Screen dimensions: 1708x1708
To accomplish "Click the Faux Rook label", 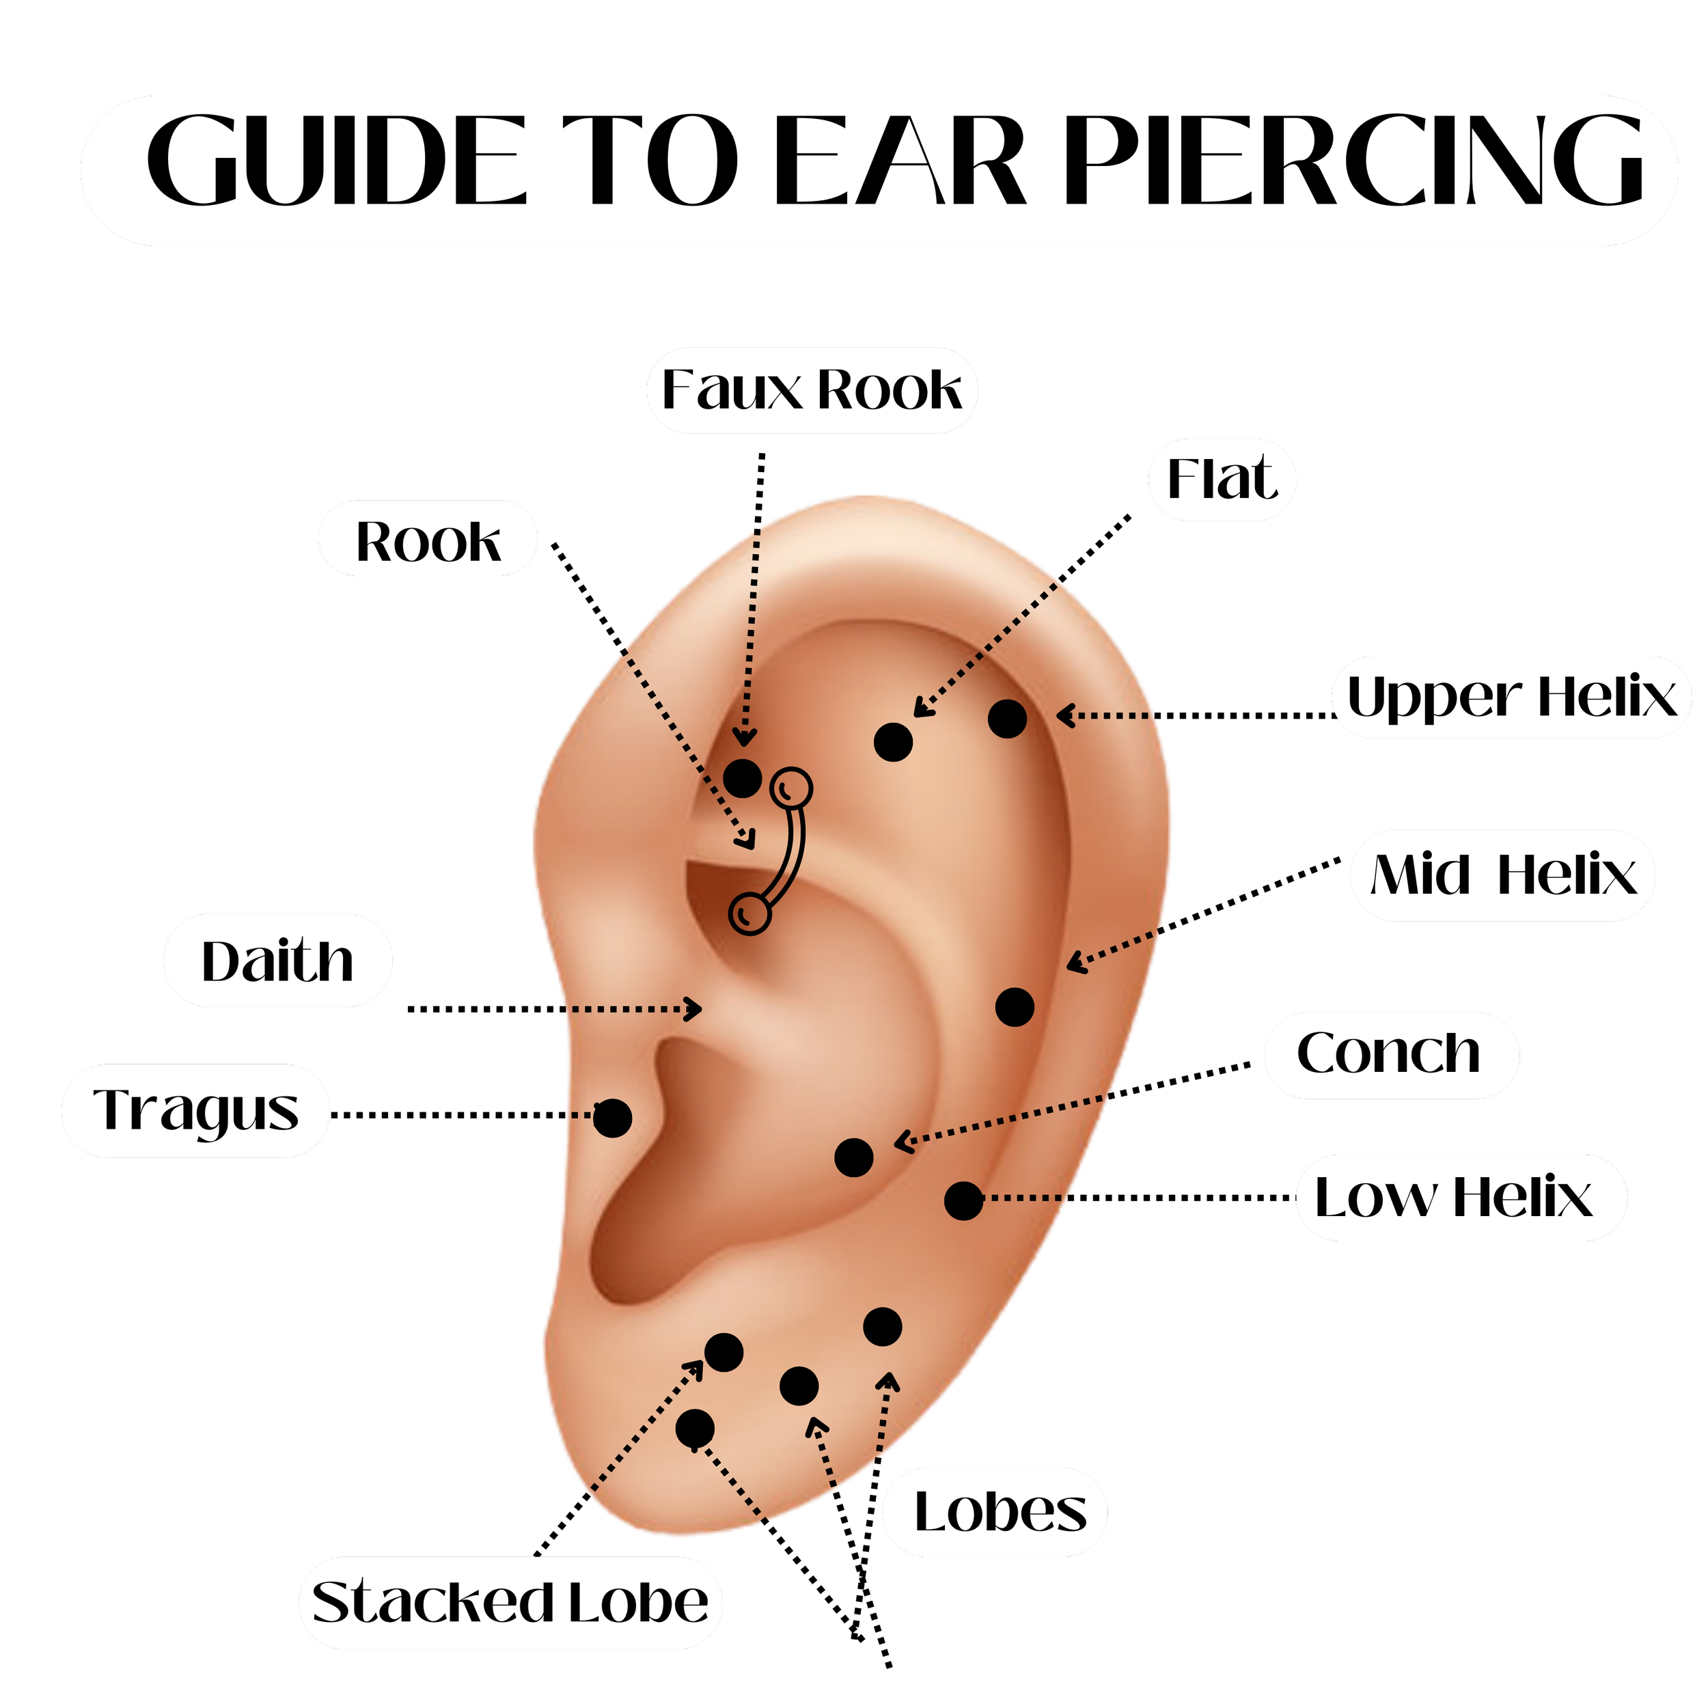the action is (x=812, y=390).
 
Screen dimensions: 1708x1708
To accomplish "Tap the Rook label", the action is (x=428, y=540).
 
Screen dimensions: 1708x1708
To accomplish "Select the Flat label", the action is (x=1222, y=479).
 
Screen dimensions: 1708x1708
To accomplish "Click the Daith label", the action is (x=277, y=961).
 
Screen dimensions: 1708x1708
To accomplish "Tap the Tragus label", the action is (x=195, y=1112).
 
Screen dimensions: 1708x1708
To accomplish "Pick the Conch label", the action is (x=1390, y=1053).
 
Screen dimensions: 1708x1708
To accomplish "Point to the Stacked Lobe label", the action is (x=510, y=1603).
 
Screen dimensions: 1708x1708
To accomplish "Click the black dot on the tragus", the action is (x=611, y=1118).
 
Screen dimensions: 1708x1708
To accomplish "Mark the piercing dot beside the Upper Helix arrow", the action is (x=1007, y=719).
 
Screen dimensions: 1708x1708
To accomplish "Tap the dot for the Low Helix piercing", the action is (x=963, y=1200).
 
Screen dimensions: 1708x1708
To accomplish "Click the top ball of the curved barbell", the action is (x=790, y=786).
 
